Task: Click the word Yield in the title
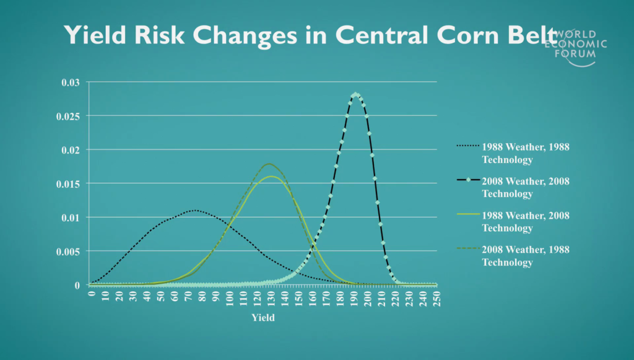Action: point(95,35)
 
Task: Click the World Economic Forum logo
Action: point(576,48)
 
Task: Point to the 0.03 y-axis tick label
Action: point(71,82)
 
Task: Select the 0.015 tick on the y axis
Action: point(68,183)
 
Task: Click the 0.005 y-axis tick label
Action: point(68,252)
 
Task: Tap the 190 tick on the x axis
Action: point(354,299)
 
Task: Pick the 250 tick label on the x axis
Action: point(436,299)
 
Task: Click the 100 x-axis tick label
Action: point(230,299)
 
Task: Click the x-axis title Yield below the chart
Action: point(263,317)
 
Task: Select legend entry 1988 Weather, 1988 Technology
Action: point(513,153)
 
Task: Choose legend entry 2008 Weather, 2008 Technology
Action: point(513,187)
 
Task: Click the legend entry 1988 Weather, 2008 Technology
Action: point(513,222)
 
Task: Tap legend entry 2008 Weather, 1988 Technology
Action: point(513,256)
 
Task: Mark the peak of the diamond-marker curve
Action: point(355,95)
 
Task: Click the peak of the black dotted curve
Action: point(195,210)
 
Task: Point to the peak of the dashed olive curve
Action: point(269,164)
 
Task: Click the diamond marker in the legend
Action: point(468,180)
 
